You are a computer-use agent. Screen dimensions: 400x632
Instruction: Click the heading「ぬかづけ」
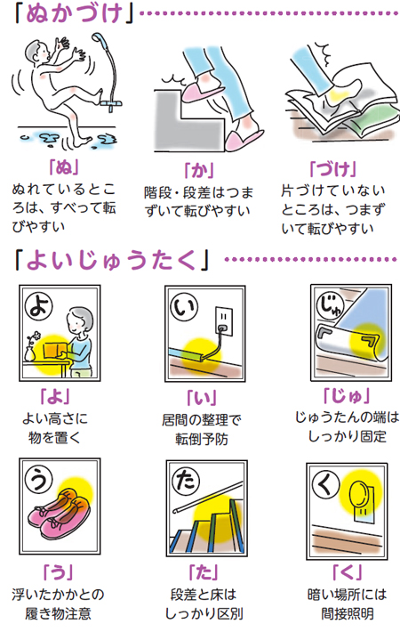coord(73,13)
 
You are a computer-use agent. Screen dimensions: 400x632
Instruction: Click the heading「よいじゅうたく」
coord(112,260)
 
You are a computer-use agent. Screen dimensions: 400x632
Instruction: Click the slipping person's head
coord(37,52)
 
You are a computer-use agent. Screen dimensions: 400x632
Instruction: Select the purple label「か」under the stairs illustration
coord(199,171)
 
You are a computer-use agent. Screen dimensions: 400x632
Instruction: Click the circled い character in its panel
coord(184,306)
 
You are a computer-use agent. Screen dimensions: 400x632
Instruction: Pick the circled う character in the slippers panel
coord(38,478)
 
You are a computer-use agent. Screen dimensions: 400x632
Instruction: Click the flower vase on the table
coord(30,352)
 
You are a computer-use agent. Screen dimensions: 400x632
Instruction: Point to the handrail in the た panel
coord(208,497)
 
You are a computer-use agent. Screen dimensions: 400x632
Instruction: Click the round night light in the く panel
coord(358,495)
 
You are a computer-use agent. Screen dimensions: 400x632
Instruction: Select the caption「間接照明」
coord(348,613)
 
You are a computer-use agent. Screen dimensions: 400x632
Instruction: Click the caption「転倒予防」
coord(202,439)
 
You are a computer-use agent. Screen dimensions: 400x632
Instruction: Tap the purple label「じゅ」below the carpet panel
coord(347,397)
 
